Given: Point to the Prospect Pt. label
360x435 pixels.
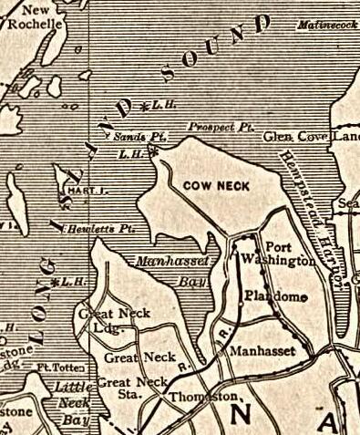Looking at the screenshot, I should click(x=211, y=126).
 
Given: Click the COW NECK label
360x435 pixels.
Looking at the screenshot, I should click(x=216, y=186).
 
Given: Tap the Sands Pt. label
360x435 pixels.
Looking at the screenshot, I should click(x=132, y=136).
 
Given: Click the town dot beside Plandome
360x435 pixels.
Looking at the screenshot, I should click(x=303, y=297).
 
